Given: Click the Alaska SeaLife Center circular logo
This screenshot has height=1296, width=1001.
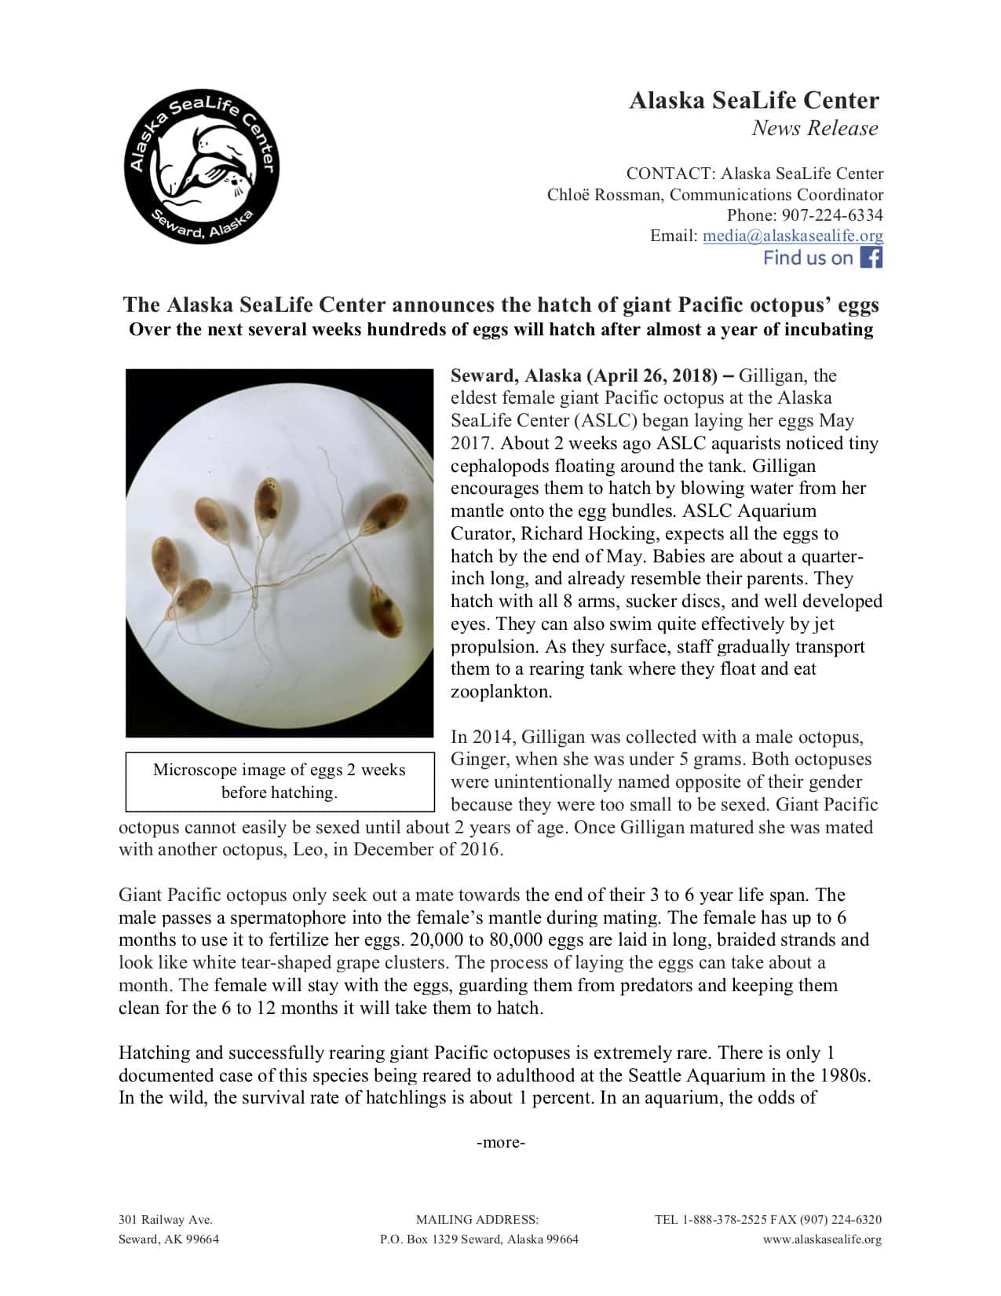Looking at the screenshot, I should click(x=201, y=167).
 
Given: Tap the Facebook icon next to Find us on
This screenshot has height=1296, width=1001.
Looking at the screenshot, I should click(x=871, y=258).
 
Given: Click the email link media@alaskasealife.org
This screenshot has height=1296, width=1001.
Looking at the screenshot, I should click(x=793, y=236).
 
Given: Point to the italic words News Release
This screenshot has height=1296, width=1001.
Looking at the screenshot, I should click(x=814, y=128).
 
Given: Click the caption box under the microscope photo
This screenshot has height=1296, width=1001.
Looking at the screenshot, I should click(x=279, y=781).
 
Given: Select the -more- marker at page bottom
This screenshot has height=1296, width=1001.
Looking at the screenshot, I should click(x=501, y=1142).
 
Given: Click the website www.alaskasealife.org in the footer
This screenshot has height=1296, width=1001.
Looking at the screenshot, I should click(x=822, y=1239).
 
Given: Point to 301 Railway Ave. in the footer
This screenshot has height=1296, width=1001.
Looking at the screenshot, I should click(x=166, y=1220).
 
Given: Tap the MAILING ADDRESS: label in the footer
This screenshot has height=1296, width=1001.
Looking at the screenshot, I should click(x=477, y=1220).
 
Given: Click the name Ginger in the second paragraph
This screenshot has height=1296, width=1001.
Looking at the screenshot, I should click(x=476, y=760).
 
